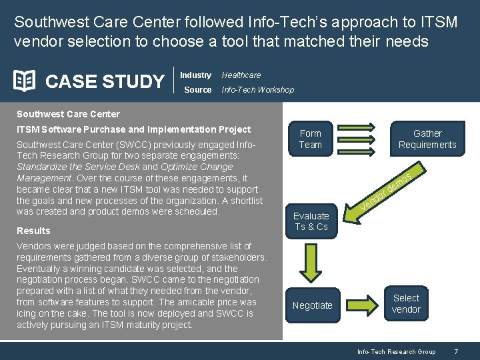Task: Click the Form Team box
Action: click(x=310, y=139)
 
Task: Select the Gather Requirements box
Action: click(x=427, y=139)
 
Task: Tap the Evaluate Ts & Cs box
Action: click(x=311, y=221)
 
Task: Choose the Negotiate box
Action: click(x=312, y=305)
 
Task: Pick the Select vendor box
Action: click(x=406, y=303)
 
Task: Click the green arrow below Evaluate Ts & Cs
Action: click(x=311, y=262)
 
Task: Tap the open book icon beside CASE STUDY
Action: click(x=25, y=81)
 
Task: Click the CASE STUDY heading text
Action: click(x=104, y=81)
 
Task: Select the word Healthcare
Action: click(x=241, y=75)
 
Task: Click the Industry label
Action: click(x=195, y=75)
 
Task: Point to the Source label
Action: click(x=197, y=89)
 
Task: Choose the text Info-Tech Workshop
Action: click(x=257, y=89)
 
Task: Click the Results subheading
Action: click(x=33, y=231)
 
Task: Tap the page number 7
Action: click(x=455, y=351)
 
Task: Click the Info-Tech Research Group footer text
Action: click(x=396, y=351)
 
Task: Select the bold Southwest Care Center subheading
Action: click(x=68, y=113)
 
